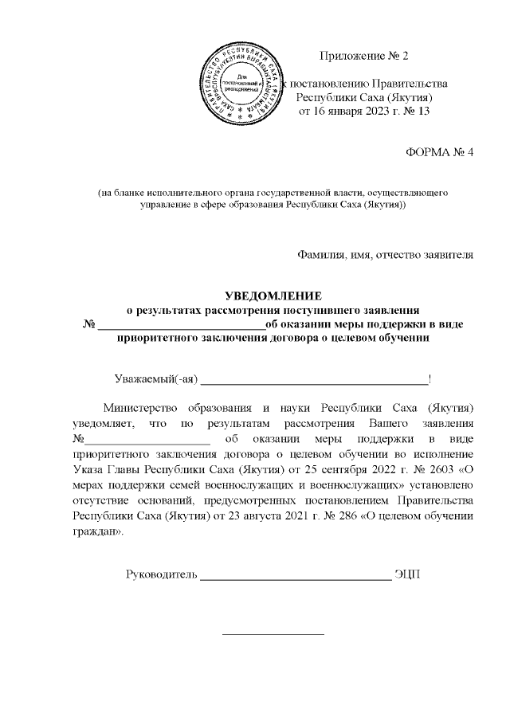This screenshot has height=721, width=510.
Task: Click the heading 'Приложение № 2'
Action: click(363, 57)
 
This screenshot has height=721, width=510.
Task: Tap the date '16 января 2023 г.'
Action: click(352, 111)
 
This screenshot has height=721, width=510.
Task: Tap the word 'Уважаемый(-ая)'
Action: click(155, 378)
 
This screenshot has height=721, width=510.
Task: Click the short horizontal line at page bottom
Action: click(273, 634)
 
